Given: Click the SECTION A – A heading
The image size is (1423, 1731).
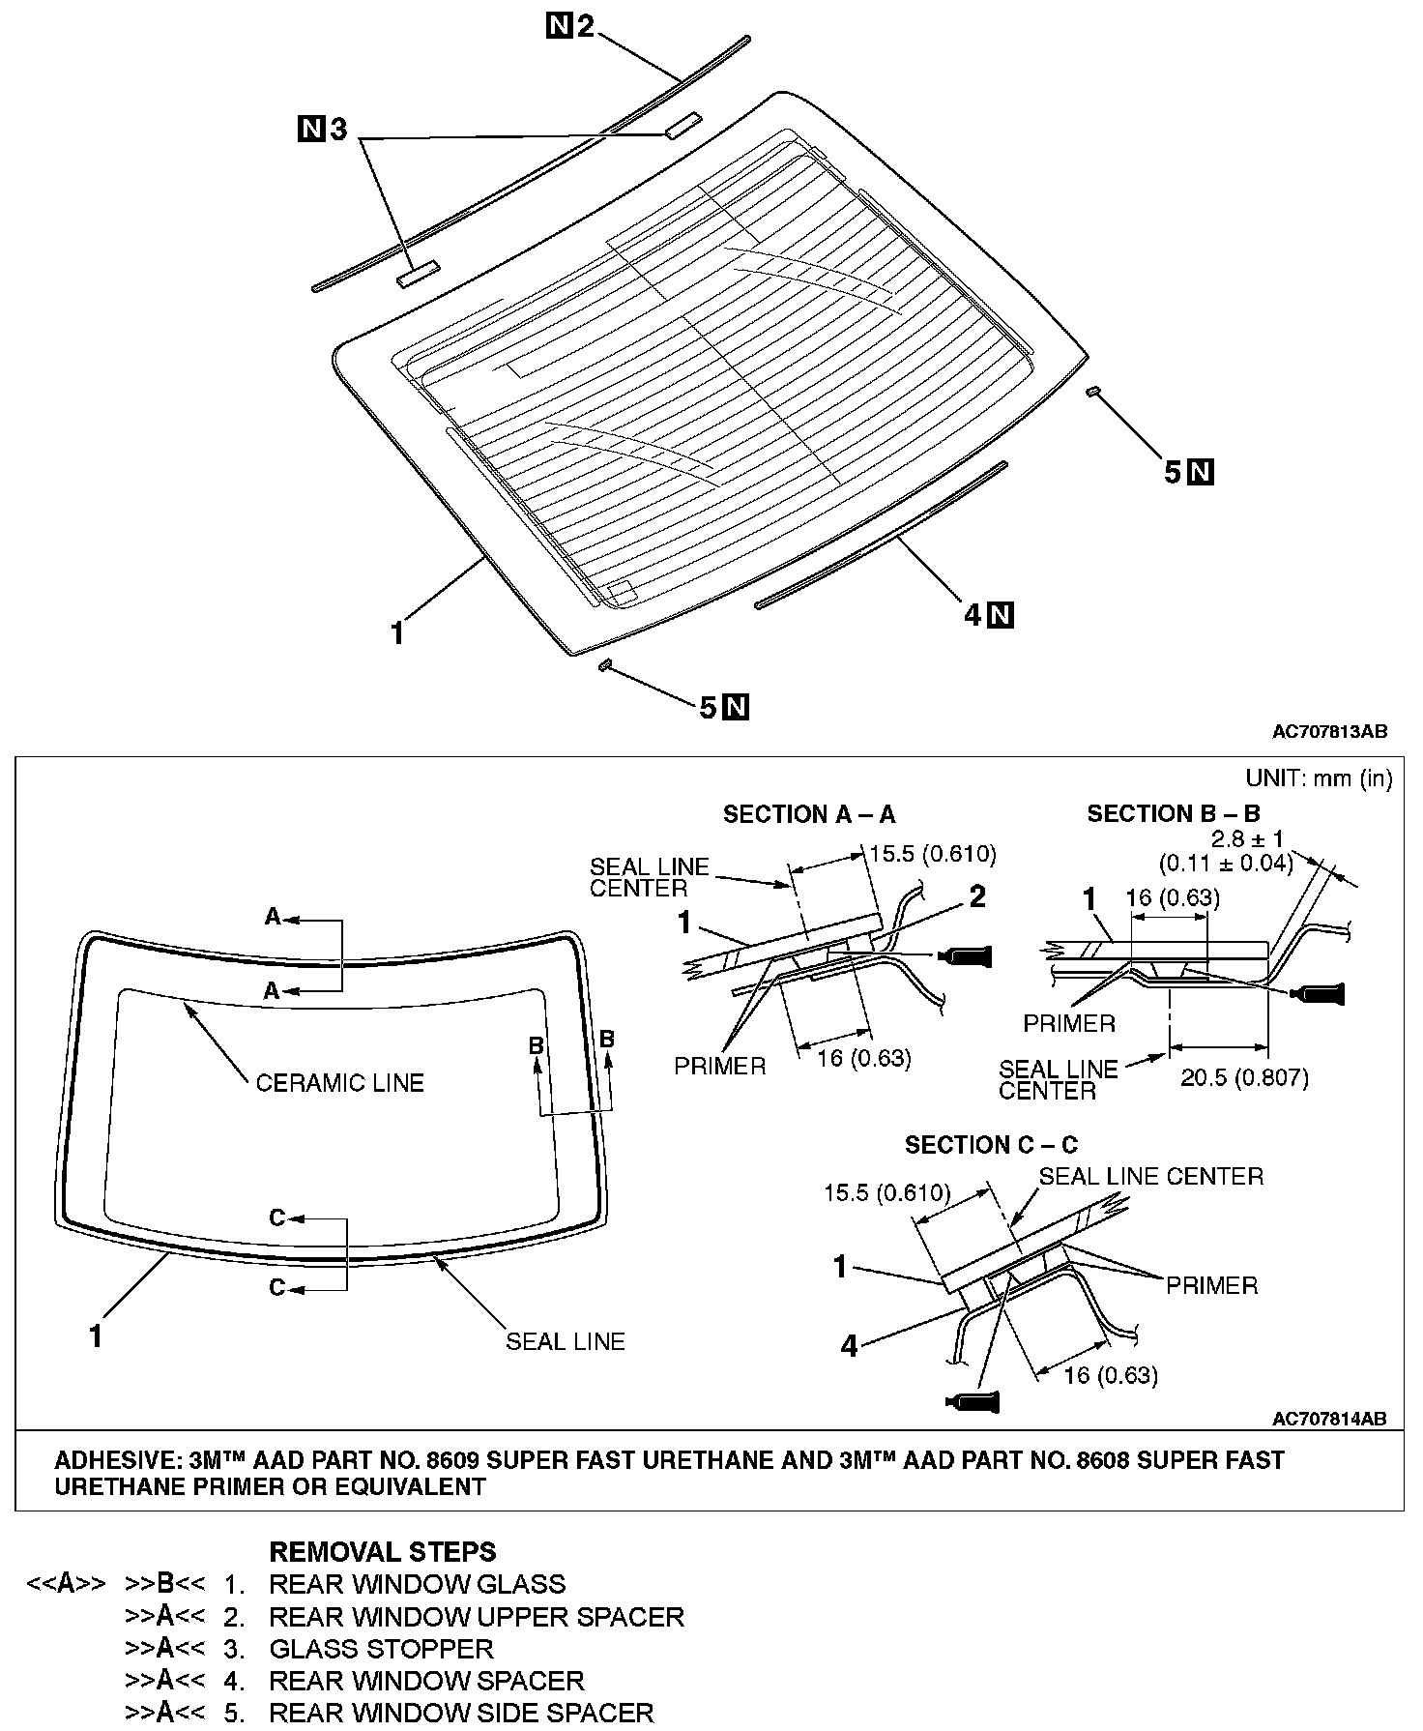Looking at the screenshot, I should (809, 814).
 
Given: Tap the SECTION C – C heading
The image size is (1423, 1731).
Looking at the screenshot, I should (991, 1145).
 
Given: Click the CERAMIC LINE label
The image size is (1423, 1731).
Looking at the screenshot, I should (339, 1082).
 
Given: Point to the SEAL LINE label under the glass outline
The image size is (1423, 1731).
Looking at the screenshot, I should (566, 1341).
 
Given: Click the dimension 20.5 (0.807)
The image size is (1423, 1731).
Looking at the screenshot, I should (1245, 1076).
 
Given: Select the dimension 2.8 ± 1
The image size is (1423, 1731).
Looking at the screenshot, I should (1247, 838).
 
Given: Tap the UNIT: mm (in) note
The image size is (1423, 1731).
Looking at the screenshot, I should (1319, 778).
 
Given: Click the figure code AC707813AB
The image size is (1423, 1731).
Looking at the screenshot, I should (1329, 732).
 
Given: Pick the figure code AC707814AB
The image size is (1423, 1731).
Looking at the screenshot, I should (1329, 1419).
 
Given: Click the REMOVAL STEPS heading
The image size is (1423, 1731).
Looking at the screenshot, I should (382, 1552).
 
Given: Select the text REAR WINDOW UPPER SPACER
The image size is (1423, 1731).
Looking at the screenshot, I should (477, 1616).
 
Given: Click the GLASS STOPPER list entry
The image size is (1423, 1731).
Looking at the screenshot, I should (381, 1649).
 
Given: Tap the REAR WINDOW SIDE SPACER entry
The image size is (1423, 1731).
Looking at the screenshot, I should (461, 1713).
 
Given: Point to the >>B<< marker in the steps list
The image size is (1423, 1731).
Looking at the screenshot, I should (164, 1584).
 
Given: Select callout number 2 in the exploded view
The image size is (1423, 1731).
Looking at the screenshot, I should (585, 26).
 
